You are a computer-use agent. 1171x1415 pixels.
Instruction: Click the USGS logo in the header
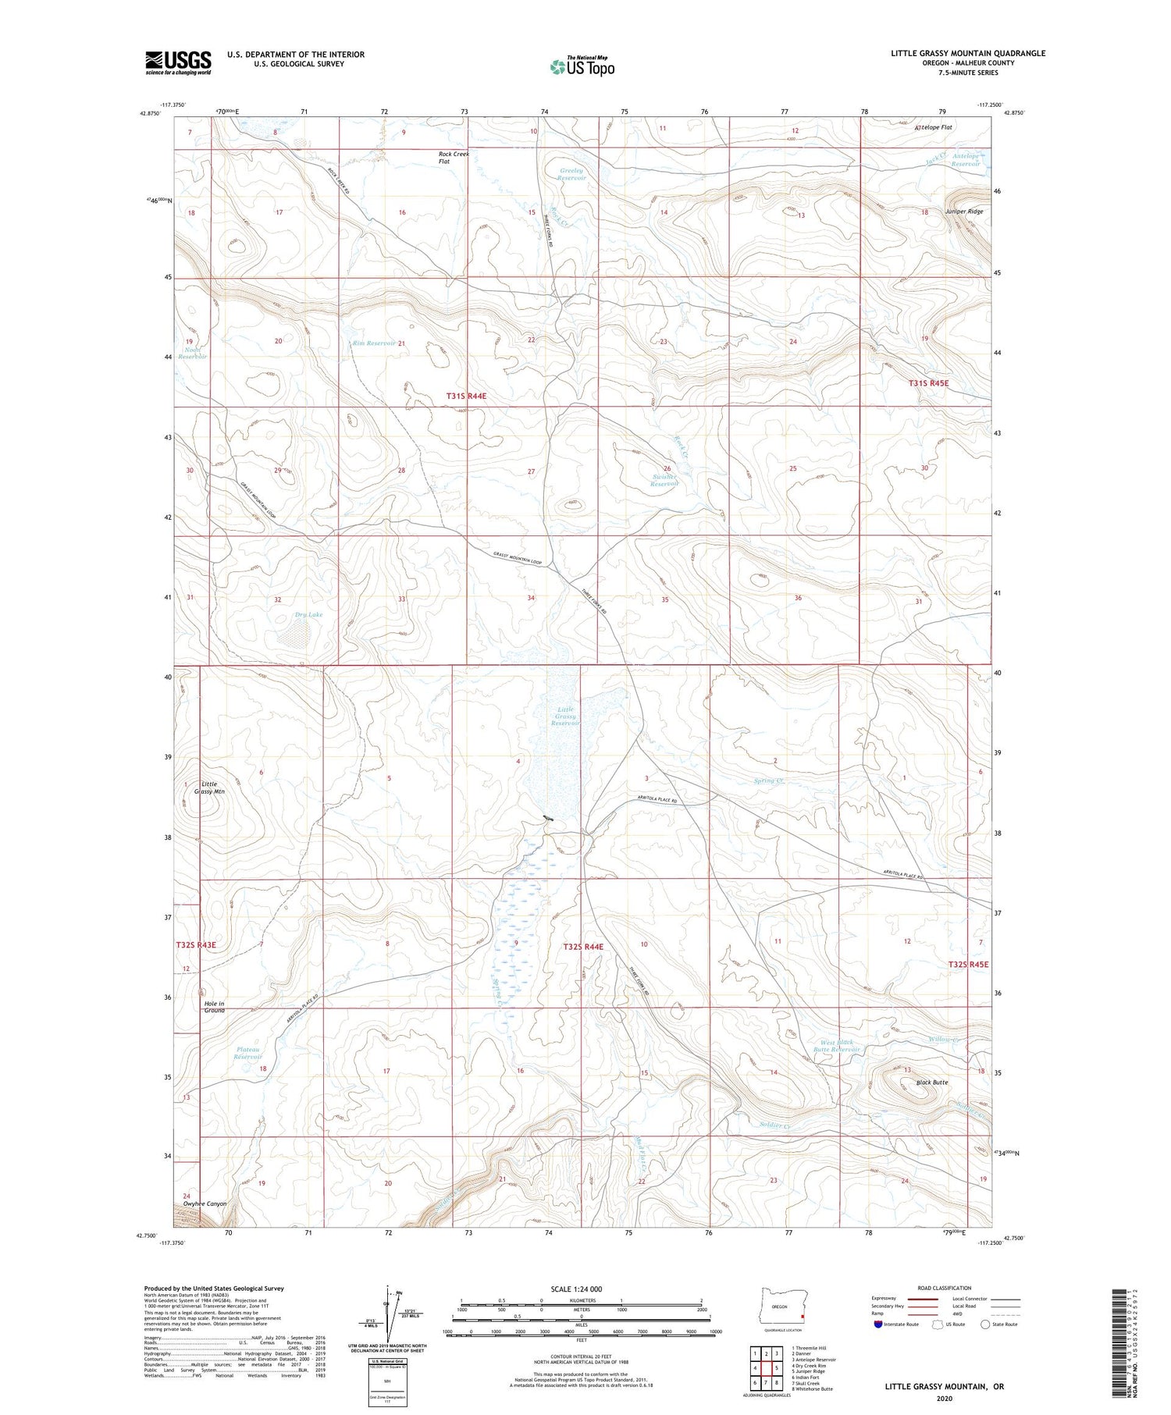178,62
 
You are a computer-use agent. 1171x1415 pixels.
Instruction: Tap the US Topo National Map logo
582,66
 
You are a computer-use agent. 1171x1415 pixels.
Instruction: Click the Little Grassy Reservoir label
565,716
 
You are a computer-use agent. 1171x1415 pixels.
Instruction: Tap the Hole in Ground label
214,1007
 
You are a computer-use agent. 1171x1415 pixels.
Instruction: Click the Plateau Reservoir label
247,1053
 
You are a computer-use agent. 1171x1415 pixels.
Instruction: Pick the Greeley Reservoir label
571,174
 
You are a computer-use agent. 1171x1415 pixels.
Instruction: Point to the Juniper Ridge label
963,212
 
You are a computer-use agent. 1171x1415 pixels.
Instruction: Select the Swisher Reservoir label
664,480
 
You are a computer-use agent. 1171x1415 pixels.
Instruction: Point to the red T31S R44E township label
466,396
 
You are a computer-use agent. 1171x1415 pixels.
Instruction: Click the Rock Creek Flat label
454,158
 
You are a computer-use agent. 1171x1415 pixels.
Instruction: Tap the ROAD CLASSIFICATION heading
945,1288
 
